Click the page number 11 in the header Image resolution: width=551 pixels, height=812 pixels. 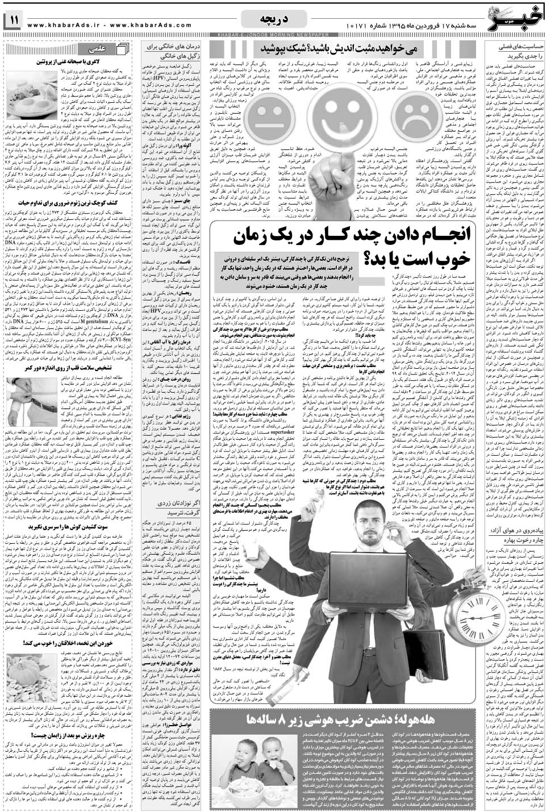[12, 20]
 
